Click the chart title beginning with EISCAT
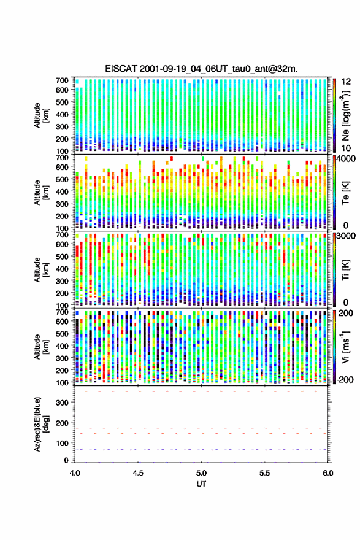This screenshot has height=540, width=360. [201, 69]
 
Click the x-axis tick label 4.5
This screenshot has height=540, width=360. [138, 473]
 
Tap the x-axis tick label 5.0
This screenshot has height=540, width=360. [201, 473]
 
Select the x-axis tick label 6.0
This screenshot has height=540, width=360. [328, 473]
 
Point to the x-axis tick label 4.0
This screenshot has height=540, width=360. [75, 473]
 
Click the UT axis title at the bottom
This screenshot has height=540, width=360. [201, 484]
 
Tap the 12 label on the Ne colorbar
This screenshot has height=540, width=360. [346, 82]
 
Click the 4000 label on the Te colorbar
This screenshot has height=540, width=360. [346, 159]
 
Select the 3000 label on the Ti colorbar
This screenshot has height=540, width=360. [346, 236]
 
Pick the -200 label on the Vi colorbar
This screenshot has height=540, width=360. [344, 379]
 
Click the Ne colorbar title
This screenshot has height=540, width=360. [345, 116]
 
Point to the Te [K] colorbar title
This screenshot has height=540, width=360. [345, 193]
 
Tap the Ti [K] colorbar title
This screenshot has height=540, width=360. [345, 269]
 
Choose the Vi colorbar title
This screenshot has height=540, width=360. [345, 347]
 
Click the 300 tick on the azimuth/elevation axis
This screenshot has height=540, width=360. [62, 403]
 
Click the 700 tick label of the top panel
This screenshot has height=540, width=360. [62, 80]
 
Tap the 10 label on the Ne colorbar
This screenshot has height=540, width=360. [346, 148]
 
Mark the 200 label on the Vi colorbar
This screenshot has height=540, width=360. [346, 313]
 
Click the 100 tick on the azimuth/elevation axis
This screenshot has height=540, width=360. [62, 443]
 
